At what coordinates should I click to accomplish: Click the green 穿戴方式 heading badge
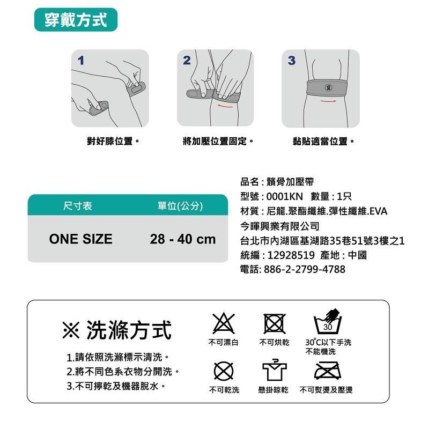point(76,20)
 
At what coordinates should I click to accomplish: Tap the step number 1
point(81,61)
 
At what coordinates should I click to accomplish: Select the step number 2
point(187,61)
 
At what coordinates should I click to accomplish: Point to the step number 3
point(291,61)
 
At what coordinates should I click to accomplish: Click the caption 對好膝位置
point(113,142)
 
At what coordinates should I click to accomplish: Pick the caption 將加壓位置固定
point(218,142)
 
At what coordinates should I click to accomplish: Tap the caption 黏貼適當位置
point(323,142)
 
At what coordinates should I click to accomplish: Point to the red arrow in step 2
point(225,106)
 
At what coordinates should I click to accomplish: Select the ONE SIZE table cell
point(80,239)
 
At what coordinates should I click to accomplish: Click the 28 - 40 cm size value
point(182,239)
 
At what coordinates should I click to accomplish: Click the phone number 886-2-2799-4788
point(305,269)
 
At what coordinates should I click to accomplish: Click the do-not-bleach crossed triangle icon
point(224,323)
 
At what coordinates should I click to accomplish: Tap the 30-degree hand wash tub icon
point(328,323)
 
